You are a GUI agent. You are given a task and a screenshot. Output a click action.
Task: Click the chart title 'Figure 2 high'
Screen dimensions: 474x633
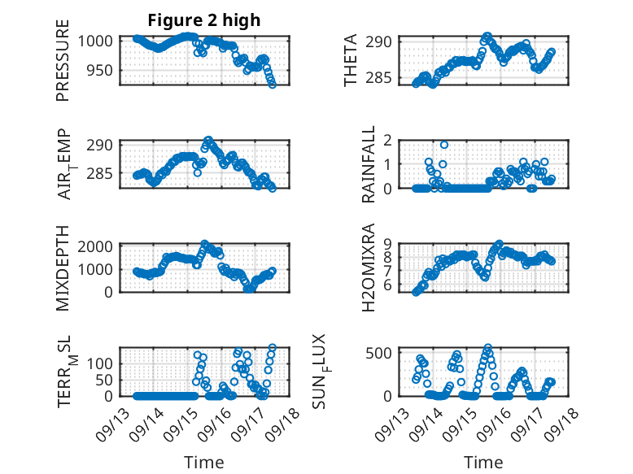click(203, 20)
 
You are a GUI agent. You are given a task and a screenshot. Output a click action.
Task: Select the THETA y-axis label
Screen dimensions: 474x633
click(351, 61)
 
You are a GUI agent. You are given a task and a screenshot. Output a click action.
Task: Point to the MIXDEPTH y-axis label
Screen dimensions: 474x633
click(63, 267)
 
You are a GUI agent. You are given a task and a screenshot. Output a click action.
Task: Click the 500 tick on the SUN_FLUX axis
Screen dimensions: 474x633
click(382, 352)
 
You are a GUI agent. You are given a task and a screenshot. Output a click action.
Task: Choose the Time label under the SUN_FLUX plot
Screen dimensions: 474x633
click(483, 463)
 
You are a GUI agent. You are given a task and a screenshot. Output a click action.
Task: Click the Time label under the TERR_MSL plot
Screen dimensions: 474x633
click(203, 463)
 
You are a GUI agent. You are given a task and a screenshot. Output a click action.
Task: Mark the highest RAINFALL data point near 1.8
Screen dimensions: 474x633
click(444, 145)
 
